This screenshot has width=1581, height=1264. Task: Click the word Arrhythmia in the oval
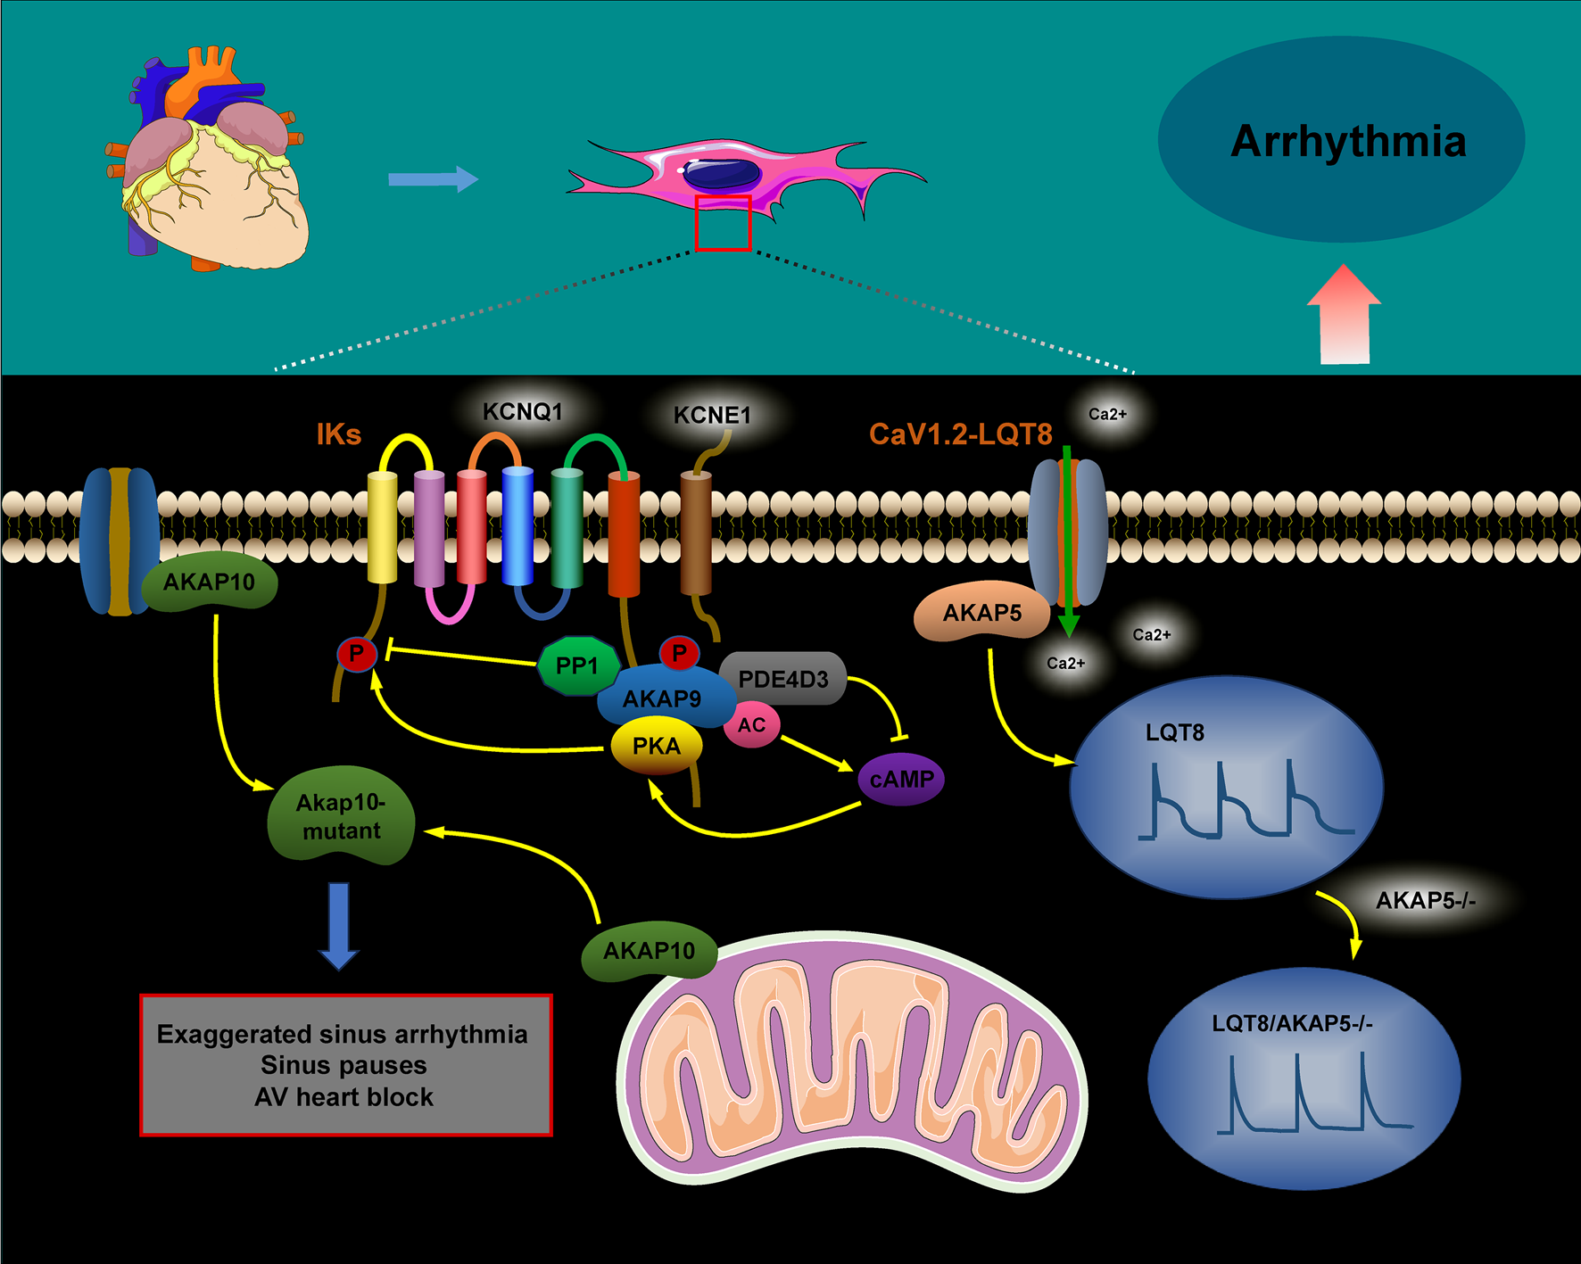point(1348,142)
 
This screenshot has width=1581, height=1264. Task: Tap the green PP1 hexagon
point(576,665)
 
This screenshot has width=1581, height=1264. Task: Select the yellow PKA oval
point(656,746)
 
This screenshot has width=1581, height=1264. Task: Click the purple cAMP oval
point(901,779)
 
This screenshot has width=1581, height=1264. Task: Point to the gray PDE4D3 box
point(783,679)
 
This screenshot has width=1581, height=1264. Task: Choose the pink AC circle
point(751,725)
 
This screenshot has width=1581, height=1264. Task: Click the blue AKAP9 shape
point(662,698)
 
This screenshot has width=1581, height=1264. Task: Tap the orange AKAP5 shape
point(981,614)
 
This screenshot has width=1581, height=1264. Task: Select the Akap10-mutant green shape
point(341,816)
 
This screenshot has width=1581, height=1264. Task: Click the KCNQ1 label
point(523,412)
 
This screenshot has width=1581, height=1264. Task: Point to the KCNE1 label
point(712,416)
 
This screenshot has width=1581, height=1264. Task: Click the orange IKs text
point(339,434)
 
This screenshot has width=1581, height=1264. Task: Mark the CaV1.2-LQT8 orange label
point(961,434)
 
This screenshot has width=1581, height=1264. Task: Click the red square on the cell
point(723,223)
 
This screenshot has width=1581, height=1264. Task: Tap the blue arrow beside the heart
point(434,178)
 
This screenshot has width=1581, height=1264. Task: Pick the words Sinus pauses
point(344,1065)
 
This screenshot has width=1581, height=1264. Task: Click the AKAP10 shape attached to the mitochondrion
point(649,951)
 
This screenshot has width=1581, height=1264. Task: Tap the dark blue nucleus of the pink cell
point(722,173)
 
